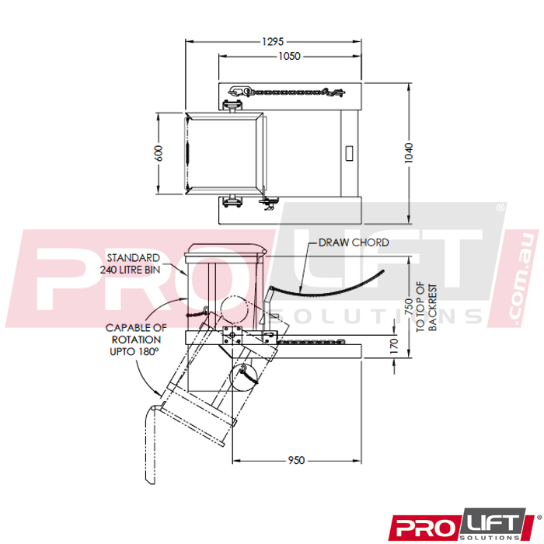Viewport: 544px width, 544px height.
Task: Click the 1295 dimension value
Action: tap(273, 42)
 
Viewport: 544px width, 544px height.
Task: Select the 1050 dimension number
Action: tap(289, 56)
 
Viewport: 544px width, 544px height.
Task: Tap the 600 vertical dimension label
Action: tap(159, 153)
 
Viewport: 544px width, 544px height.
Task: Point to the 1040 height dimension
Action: tap(409, 153)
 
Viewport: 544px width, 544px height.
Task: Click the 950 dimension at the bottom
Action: tap(296, 460)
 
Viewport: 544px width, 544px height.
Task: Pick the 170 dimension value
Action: tap(394, 347)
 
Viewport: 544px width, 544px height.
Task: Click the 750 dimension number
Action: tap(409, 307)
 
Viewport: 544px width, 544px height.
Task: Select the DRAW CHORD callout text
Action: tap(354, 242)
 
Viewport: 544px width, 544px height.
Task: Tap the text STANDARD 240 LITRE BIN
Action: tap(130, 263)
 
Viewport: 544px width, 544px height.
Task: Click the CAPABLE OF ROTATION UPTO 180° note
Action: tap(136, 340)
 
